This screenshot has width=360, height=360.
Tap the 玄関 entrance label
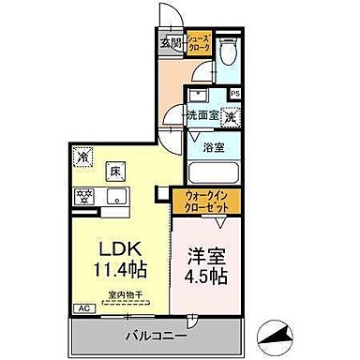coord(170,42)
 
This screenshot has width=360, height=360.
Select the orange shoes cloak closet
coord(199,45)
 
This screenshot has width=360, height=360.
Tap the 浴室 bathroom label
coord(215,146)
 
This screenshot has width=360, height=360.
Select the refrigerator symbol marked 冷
coord(83,157)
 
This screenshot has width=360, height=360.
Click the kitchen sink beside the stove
coord(117,196)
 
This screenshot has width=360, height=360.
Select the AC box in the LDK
coord(83,308)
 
